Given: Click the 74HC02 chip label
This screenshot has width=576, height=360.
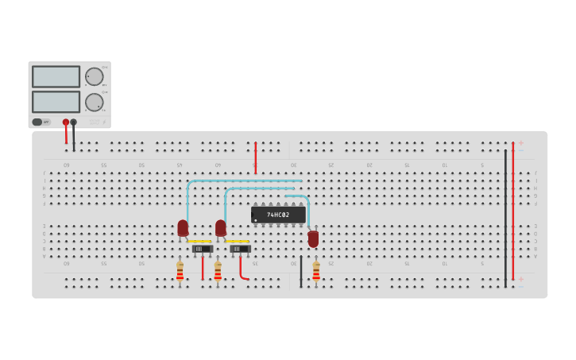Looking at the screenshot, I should (x=278, y=215).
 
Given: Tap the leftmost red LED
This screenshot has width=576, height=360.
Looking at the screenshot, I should (x=183, y=228).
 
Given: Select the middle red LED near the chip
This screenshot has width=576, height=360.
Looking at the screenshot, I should (x=221, y=228).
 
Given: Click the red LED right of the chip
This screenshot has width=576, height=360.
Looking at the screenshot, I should (x=313, y=238).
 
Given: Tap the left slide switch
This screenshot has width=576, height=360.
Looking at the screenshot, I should (x=202, y=249).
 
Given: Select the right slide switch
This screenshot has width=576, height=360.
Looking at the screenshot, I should (x=240, y=249).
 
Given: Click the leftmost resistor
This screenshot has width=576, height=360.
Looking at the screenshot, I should (x=180, y=272).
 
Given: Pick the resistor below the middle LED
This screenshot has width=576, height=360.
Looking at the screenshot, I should (x=218, y=272).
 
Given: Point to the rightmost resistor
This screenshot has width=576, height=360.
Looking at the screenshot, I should (x=316, y=272).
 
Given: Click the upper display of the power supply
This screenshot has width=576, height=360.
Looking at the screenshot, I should (x=56, y=76).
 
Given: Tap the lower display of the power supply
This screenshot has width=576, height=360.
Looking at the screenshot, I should (x=56, y=102).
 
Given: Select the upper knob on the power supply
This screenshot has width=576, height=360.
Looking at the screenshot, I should (x=94, y=76).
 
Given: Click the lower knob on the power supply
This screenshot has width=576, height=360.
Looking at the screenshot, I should (x=94, y=102).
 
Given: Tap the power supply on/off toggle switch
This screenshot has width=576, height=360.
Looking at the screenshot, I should (x=37, y=122).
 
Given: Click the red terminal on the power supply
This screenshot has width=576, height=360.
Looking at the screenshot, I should (x=66, y=122).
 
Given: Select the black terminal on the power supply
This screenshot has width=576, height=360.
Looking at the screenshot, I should (x=74, y=122).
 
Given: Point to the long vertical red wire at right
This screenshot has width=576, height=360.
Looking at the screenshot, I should (x=513, y=215).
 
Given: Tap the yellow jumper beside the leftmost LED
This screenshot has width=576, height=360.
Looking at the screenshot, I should (x=199, y=242).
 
